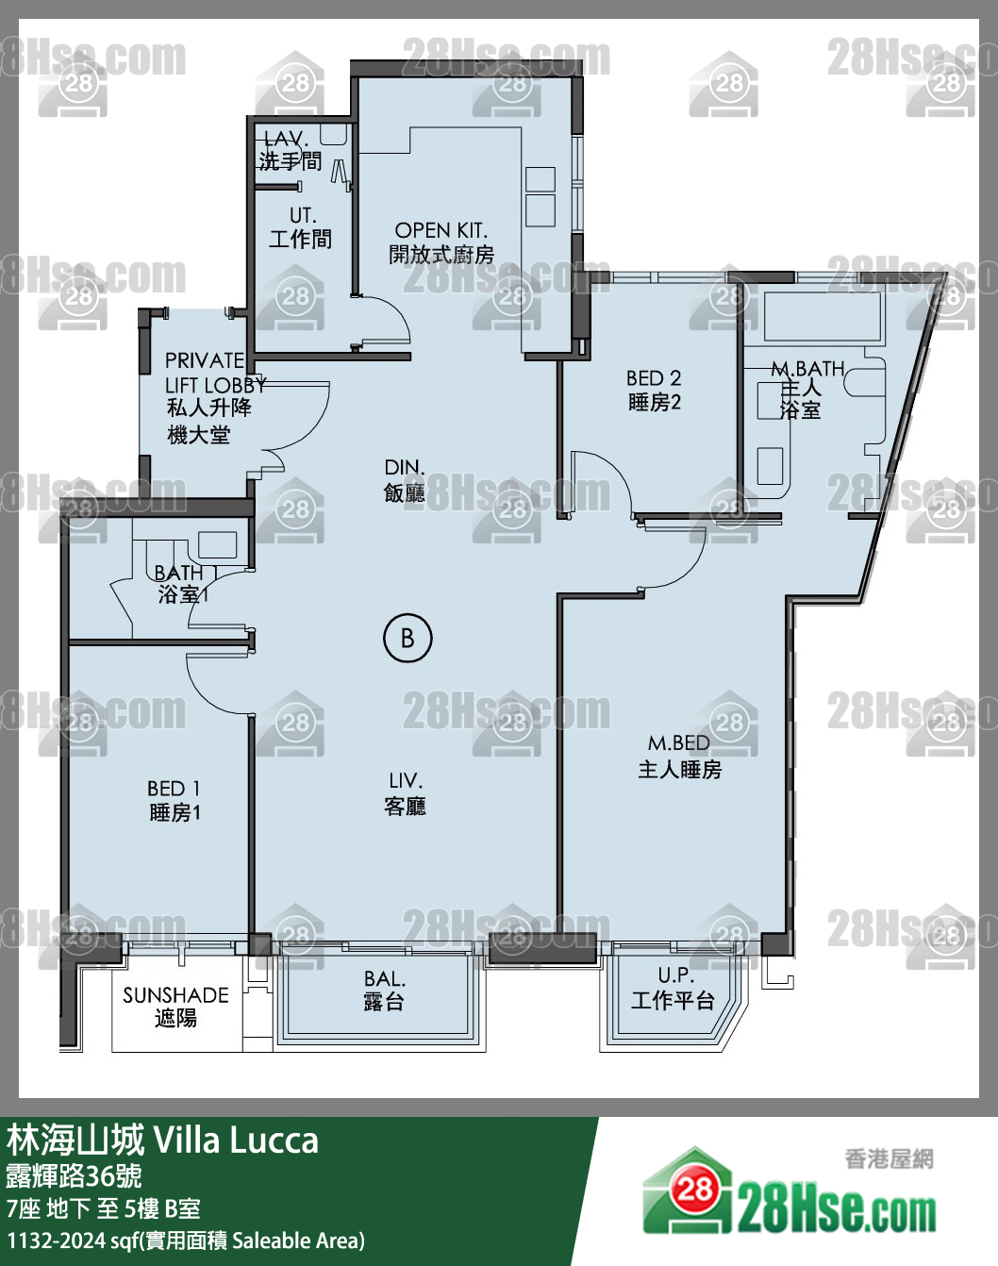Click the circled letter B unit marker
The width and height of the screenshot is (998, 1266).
(408, 639)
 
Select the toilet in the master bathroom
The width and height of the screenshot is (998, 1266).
(863, 380)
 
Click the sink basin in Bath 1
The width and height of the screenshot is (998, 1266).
(217, 544)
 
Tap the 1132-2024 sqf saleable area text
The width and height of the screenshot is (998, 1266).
(186, 1241)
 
